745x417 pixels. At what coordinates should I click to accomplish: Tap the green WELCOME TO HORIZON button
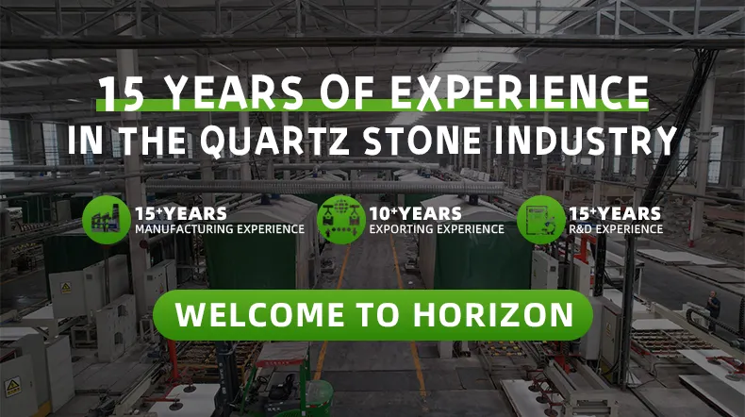[x=373, y=315]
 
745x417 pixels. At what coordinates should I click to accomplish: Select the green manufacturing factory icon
[x=105, y=219]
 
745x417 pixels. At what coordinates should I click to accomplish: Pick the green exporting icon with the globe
[x=340, y=219]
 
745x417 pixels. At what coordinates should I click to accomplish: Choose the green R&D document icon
[x=539, y=219]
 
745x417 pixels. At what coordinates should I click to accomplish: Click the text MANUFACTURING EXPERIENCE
[x=220, y=229]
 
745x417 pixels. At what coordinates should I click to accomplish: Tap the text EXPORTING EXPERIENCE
[x=436, y=229]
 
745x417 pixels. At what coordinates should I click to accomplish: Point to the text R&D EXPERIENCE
[x=615, y=229]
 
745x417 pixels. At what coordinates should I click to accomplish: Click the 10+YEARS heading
[x=416, y=213]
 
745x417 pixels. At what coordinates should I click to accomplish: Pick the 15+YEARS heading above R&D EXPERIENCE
[x=614, y=213]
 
